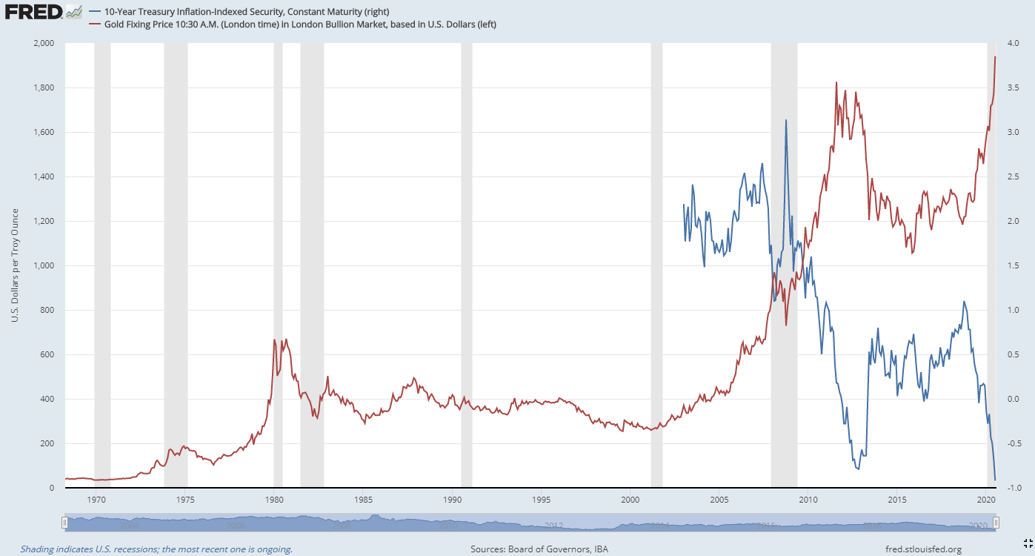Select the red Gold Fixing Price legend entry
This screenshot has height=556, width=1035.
coord(292,24)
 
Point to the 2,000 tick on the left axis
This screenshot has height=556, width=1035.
coord(44,43)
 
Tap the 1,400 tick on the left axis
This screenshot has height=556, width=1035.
coord(44,176)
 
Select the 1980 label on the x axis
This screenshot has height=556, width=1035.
coord(274,499)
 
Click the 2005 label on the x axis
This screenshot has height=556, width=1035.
coord(719,499)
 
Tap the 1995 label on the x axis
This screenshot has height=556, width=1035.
coord(541,499)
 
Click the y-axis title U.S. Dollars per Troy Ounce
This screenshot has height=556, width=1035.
coord(15,265)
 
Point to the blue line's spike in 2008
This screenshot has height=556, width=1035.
coord(786,120)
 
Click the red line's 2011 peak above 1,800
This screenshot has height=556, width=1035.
coord(836,82)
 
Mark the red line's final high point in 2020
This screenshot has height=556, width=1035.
coord(995,56)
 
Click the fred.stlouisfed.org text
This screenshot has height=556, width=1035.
coord(922,549)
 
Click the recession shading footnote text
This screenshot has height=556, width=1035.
coord(156,549)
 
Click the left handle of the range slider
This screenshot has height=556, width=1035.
coord(65,523)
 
